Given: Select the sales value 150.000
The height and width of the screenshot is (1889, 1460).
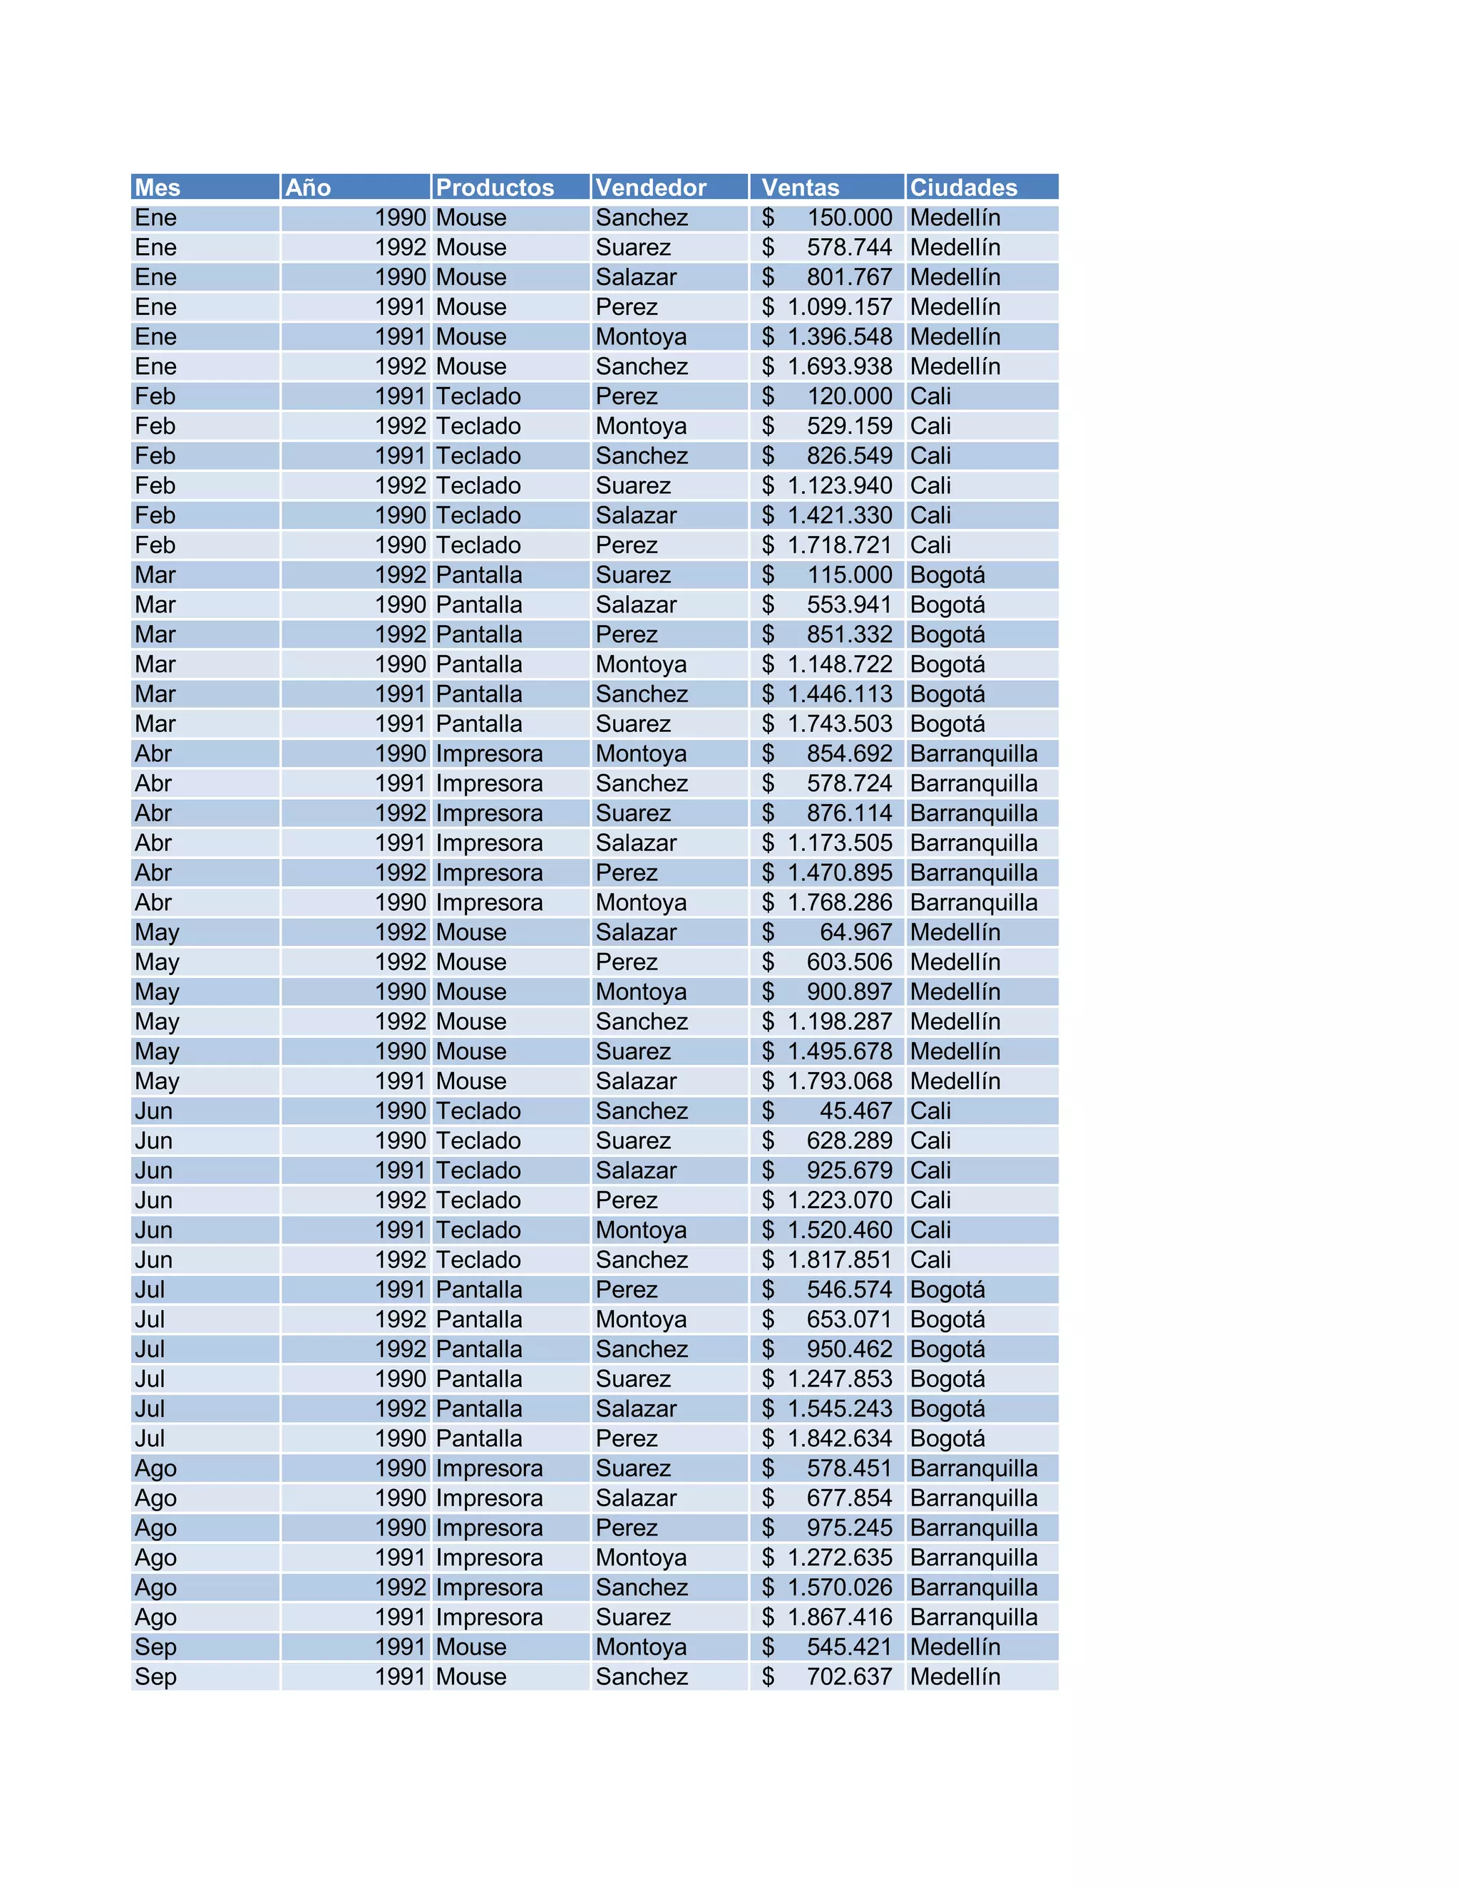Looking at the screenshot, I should pyautogui.click(x=848, y=217).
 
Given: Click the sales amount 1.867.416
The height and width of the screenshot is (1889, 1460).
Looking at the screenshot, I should pyautogui.click(x=839, y=1617).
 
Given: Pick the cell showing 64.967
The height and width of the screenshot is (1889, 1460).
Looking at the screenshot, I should pyautogui.click(x=855, y=932).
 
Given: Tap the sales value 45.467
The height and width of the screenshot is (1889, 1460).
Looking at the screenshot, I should pyautogui.click(x=855, y=1111).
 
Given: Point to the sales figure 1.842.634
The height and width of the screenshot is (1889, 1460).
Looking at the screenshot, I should pyautogui.click(x=839, y=1438).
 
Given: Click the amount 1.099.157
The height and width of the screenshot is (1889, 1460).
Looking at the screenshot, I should pyautogui.click(x=839, y=307).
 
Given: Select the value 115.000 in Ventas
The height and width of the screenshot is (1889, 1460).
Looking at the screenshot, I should pyautogui.click(x=848, y=575).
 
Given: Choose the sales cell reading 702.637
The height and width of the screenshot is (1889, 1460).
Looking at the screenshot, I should pyautogui.click(x=848, y=1677).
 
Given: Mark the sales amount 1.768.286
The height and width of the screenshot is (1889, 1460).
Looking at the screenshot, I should pyautogui.click(x=839, y=902).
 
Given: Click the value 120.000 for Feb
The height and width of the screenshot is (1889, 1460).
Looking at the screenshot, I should pyautogui.click(x=848, y=396).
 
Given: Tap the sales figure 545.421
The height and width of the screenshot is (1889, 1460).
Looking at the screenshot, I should pyautogui.click(x=848, y=1647).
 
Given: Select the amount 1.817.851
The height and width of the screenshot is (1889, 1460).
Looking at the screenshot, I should pyautogui.click(x=839, y=1260).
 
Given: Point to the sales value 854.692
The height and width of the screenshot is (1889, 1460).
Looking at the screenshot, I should pyautogui.click(x=848, y=753).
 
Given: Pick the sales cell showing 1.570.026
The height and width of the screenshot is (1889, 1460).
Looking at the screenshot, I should pyautogui.click(x=839, y=1587).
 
